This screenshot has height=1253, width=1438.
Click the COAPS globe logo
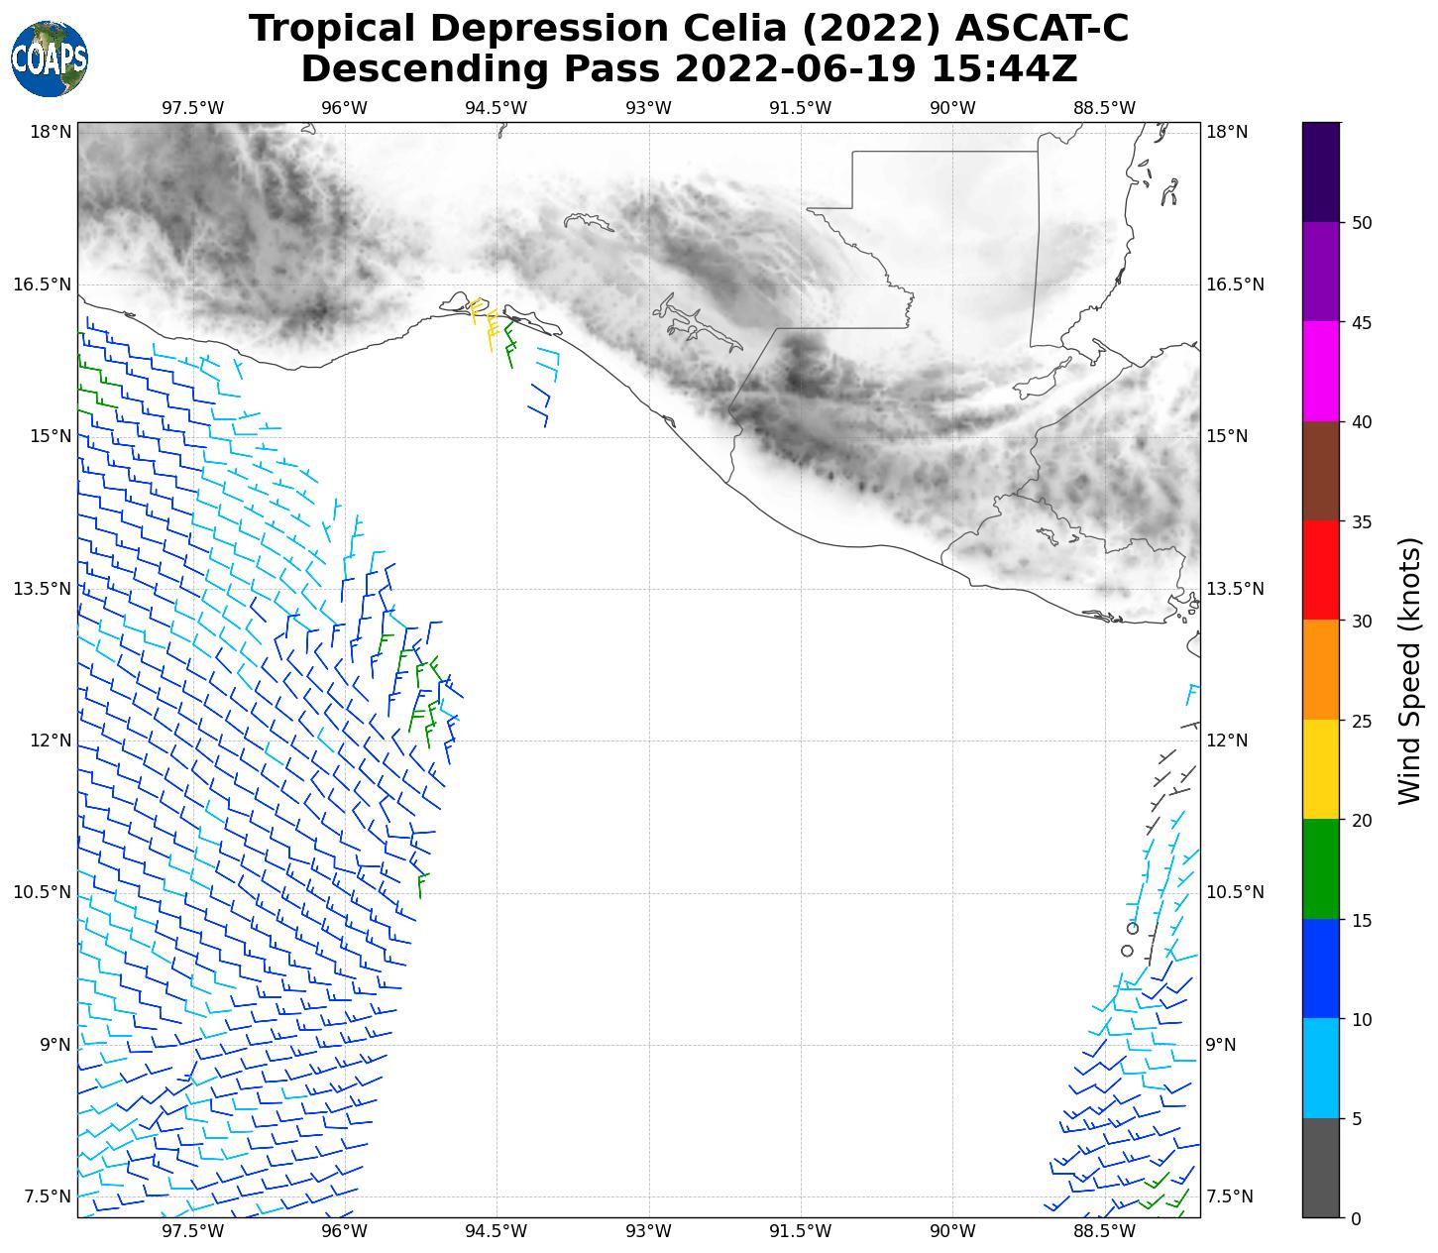(50, 59)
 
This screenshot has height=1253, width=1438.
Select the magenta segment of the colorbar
(1320, 372)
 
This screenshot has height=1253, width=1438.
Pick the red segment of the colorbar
(1320, 570)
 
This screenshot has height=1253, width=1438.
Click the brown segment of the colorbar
(1320, 471)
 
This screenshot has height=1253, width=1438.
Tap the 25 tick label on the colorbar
(1358, 721)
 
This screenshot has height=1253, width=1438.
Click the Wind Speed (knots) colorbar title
(1409, 670)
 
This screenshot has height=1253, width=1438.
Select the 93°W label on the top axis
(649, 108)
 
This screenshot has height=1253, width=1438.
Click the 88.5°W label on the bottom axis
(1105, 1231)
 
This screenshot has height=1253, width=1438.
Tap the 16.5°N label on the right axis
(1235, 285)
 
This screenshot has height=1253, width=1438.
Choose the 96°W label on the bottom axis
(345, 1231)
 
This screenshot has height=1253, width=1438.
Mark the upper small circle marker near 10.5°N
(1133, 928)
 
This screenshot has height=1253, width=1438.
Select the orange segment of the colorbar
(1320, 670)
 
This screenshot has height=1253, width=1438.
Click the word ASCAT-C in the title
(1043, 29)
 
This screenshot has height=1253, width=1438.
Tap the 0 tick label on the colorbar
(1355, 1218)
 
